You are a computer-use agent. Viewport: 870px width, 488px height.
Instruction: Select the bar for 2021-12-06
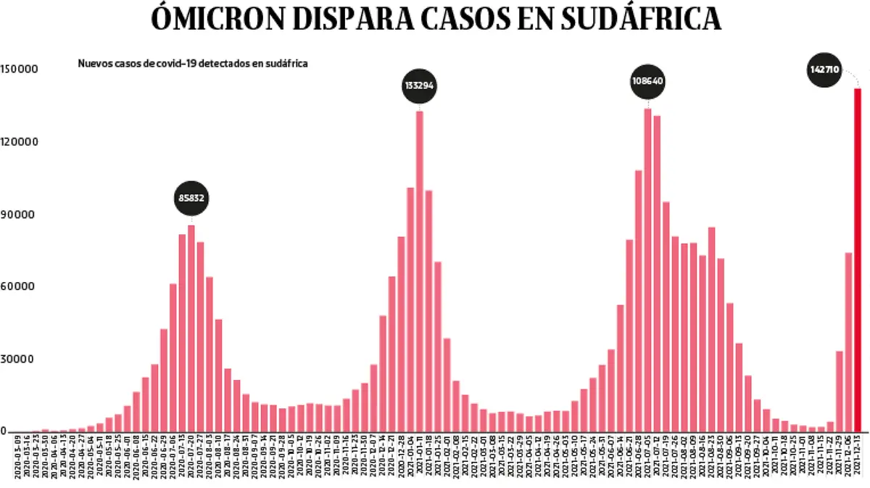(848, 342)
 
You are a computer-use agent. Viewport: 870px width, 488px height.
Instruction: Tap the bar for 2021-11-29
(839, 391)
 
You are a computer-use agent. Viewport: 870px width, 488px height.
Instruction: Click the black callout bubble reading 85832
(191, 198)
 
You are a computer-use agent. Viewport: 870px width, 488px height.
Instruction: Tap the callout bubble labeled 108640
(647, 81)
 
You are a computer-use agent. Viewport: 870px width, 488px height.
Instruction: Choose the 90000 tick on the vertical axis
(22, 215)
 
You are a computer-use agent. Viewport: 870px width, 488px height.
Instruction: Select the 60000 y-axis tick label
(22, 286)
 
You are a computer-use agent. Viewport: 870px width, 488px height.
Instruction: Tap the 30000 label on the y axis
(22, 360)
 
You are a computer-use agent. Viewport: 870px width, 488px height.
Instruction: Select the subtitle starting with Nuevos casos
(193, 63)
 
